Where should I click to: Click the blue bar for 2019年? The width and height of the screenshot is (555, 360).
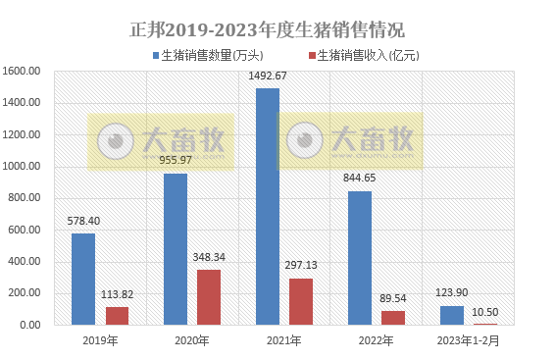click(x=83, y=279)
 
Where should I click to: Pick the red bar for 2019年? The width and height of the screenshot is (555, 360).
click(x=117, y=315)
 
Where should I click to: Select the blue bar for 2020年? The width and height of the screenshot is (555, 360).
click(x=176, y=248)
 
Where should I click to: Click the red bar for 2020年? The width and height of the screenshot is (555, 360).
click(x=209, y=296)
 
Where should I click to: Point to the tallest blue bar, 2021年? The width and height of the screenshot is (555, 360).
click(x=267, y=206)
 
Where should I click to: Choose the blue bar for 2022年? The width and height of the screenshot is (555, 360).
click(x=360, y=257)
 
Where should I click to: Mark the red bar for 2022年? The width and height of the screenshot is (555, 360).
click(x=393, y=317)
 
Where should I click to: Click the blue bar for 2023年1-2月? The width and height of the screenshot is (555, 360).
click(x=452, y=315)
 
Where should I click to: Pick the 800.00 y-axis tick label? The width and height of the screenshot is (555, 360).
click(x=24, y=198)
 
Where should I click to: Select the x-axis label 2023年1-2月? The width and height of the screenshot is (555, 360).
click(x=467, y=340)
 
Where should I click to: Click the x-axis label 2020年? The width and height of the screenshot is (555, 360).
click(x=191, y=340)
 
